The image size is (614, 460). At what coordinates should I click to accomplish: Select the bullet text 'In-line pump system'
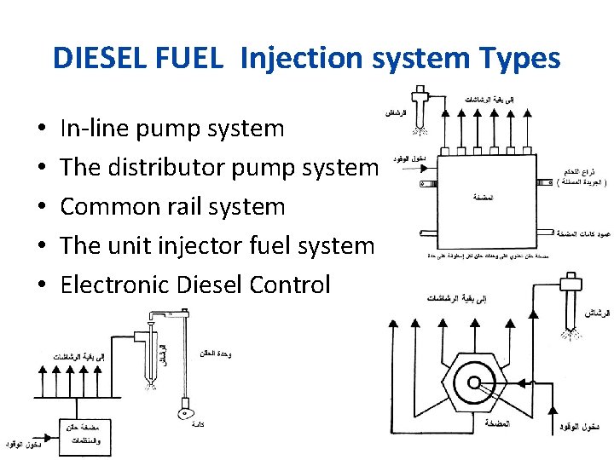pyautogui.click(x=172, y=129)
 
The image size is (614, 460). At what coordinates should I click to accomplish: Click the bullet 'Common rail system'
pyautogui.click(x=172, y=206)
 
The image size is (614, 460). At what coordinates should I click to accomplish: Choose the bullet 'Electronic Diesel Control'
pyautogui.click(x=194, y=285)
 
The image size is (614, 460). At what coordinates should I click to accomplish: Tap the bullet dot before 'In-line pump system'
pyautogui.click(x=41, y=129)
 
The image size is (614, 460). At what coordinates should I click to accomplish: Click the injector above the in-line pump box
pyautogui.click(x=419, y=106)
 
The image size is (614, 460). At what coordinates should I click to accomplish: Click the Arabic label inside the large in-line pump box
pyautogui.click(x=484, y=197)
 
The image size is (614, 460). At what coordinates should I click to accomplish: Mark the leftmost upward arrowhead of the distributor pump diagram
pyautogui.click(x=391, y=324)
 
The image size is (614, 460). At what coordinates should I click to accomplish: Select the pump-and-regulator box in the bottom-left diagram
pyautogui.click(x=85, y=435)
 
